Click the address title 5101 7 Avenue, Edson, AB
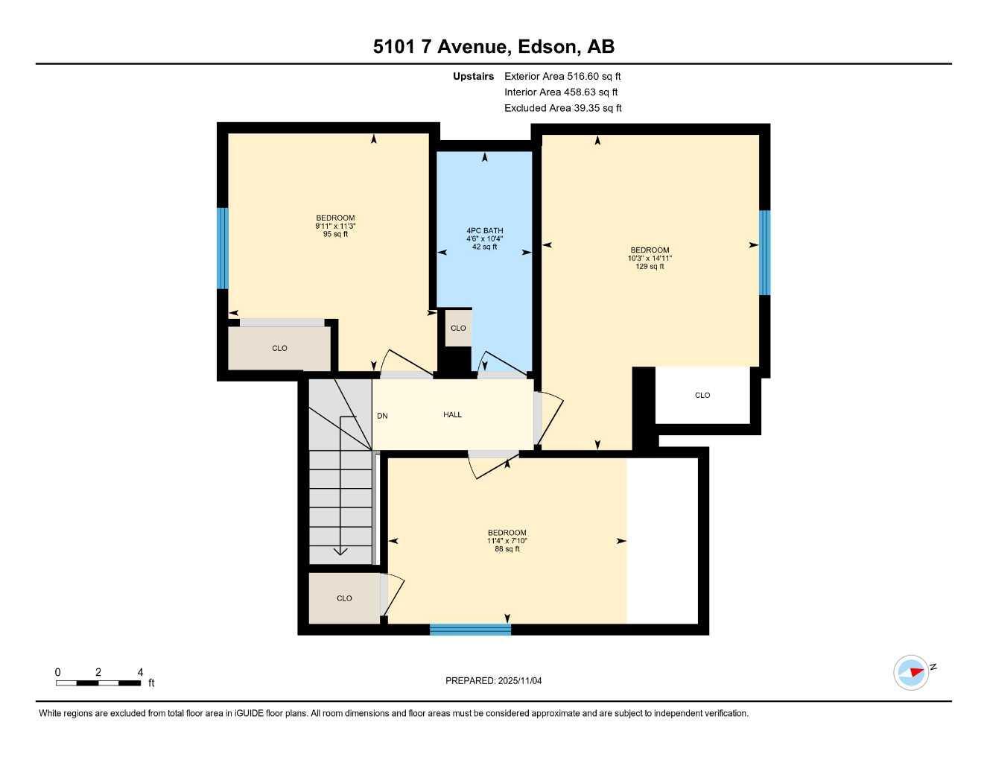pos(493,47)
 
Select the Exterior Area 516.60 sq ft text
pos(562,76)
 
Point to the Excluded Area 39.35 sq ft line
pos(562,108)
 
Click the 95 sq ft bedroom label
pos(335,226)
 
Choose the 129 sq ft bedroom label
pos(650,258)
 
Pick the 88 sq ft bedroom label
pos(507,541)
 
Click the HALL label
pos(452,415)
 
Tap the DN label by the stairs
pos(382,416)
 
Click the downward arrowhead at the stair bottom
pos(340,551)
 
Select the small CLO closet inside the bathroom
pos(458,329)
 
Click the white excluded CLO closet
pos(702,396)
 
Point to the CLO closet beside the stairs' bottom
pos(344,598)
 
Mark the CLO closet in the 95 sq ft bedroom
pos(279,349)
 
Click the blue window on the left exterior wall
pos(222,248)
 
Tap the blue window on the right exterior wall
pos(764,253)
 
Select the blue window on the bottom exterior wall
pos(470,630)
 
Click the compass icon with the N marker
pos(911,673)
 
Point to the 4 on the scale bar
pos(140,672)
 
